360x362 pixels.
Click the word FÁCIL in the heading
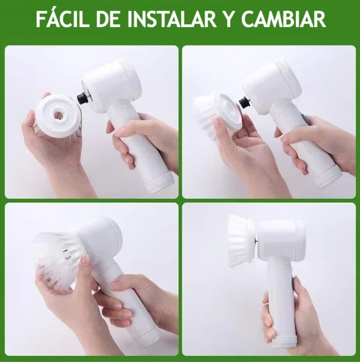point(63,19)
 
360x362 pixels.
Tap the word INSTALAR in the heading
point(172,19)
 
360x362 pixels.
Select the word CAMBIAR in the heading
point(284,19)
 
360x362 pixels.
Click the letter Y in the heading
point(229,19)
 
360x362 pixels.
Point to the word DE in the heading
point(108,19)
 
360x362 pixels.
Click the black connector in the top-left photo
point(83,98)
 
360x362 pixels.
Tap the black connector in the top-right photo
point(244,102)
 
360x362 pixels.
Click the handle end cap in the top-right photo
point(328,180)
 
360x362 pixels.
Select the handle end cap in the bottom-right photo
point(284,342)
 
